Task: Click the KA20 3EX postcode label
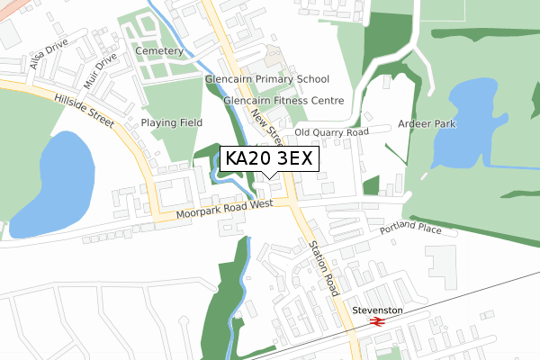(x=268, y=158)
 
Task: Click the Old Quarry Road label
(x=332, y=132)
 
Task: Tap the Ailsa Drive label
(x=49, y=60)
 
